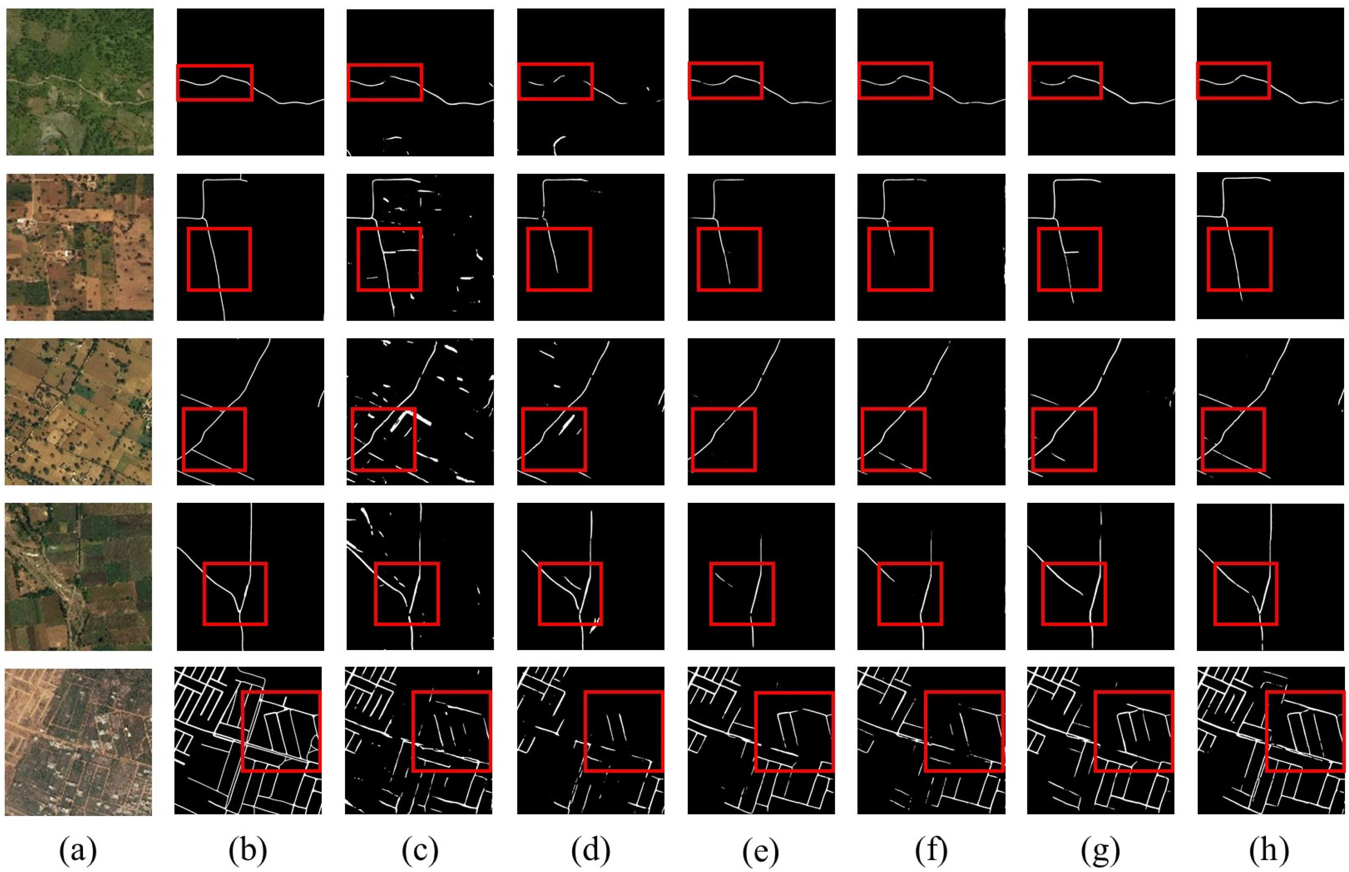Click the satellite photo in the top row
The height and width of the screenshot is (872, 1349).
[x=80, y=82]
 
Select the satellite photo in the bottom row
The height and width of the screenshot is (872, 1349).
[x=79, y=742]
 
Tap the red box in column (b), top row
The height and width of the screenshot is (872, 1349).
[x=215, y=83]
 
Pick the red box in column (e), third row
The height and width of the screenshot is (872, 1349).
[x=724, y=439]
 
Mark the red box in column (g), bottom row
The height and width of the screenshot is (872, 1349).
[x=1133, y=731]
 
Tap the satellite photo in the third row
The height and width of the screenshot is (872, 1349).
[x=79, y=412]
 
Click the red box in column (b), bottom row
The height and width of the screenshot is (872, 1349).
[x=281, y=731]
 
